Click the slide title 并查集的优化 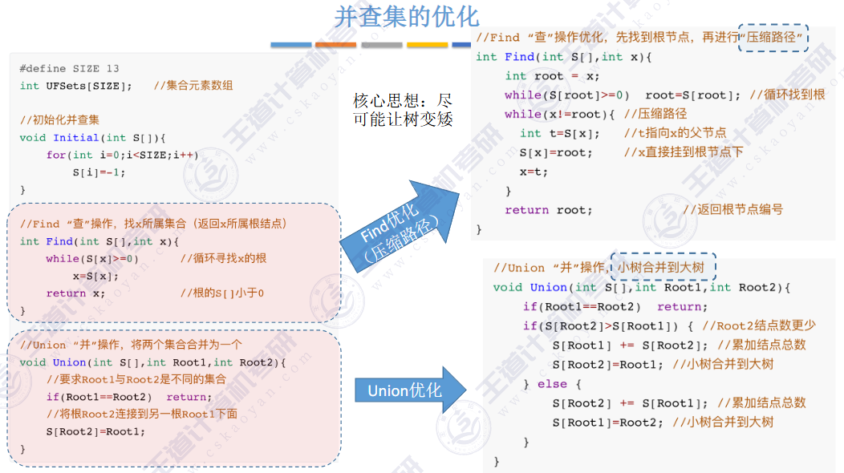pyautogui.click(x=406, y=17)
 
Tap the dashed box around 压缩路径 pyautogui.click(x=773, y=37)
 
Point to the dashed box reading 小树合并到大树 pyautogui.click(x=663, y=267)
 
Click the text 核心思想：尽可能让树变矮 pyautogui.click(x=403, y=111)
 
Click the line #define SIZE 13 pyautogui.click(x=69, y=69)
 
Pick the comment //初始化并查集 pyautogui.click(x=60, y=120)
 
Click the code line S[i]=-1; pyautogui.click(x=99, y=172)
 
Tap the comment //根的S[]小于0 pyautogui.click(x=222, y=293)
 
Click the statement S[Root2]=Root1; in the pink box pyautogui.click(x=95, y=432)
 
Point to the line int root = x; pyautogui.click(x=552, y=76)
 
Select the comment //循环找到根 pyautogui.click(x=787, y=95)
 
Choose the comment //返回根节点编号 pyautogui.click(x=733, y=210)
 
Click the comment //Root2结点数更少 pyautogui.click(x=758, y=325)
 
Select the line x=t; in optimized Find pyautogui.click(x=534, y=172)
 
